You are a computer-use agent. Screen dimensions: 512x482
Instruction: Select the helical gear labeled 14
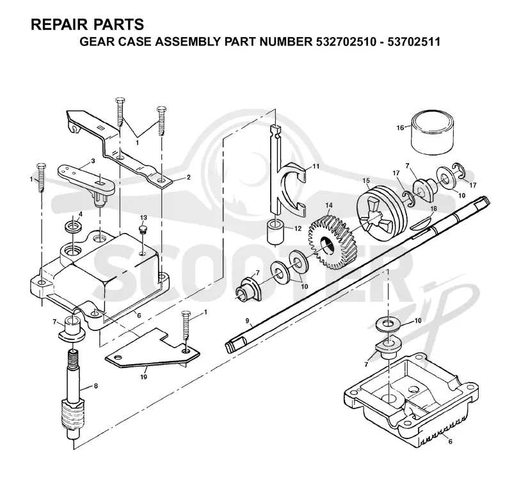[332, 243]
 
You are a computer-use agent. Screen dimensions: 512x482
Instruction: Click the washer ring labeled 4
[74, 227]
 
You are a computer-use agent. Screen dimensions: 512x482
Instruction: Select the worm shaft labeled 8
[73, 395]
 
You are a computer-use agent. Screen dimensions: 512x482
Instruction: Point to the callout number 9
[247, 321]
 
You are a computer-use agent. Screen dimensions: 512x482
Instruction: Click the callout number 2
[188, 177]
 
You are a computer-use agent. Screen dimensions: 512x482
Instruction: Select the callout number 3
[93, 161]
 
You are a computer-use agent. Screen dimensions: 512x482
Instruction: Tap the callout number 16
[400, 127]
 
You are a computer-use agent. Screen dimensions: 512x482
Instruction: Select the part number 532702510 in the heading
[346, 42]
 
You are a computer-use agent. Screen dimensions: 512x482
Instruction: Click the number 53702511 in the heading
[413, 42]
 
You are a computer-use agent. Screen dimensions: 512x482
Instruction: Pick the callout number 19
[143, 377]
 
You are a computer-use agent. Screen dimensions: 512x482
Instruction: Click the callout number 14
[328, 205]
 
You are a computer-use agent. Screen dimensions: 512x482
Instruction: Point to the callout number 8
[95, 386]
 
